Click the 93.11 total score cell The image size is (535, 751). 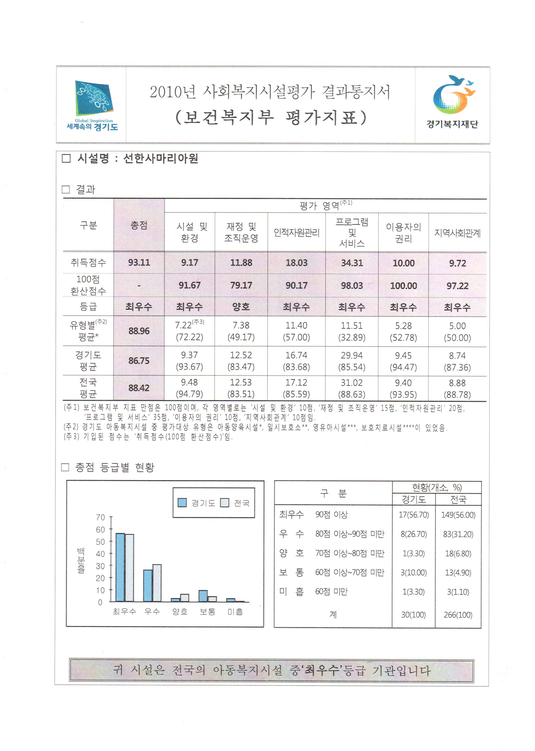(x=139, y=263)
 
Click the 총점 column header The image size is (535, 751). (x=139, y=225)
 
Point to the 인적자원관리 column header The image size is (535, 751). (x=297, y=233)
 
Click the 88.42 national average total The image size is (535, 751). (x=139, y=388)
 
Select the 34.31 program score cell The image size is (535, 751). (x=352, y=263)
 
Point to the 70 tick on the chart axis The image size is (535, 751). (x=101, y=517)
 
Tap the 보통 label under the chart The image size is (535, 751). (x=208, y=612)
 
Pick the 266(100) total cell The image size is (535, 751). (x=458, y=615)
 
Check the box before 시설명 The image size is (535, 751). (x=66, y=159)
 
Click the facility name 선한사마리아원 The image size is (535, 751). (x=160, y=159)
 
